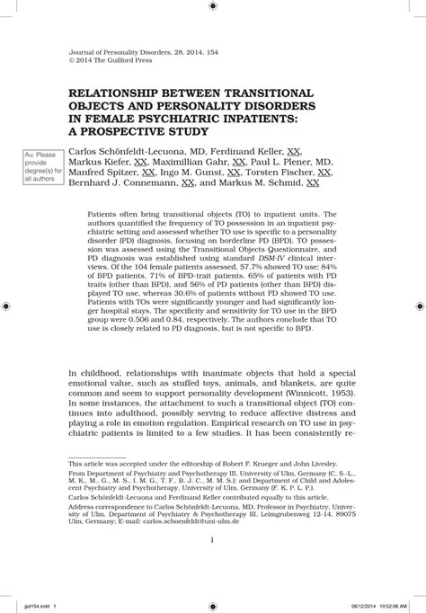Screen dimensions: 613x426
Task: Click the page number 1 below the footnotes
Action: pyautogui.click(x=211, y=539)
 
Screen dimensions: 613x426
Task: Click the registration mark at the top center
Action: pyautogui.click(x=212, y=6)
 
